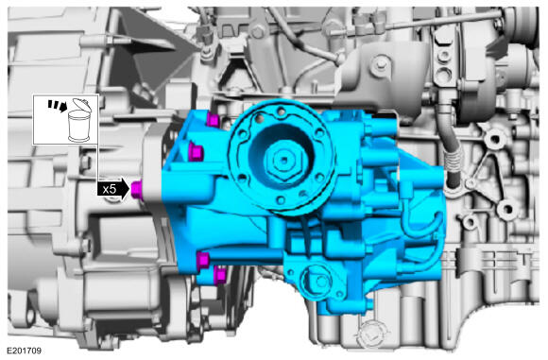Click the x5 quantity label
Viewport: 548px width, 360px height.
(109, 189)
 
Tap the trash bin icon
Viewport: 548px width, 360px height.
(79, 120)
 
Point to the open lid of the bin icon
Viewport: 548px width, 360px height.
(82, 105)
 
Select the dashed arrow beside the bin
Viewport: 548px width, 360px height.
(57, 105)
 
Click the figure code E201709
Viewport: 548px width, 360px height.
(25, 351)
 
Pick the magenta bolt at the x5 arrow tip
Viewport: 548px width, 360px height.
(136, 190)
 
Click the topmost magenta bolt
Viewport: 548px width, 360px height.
(213, 119)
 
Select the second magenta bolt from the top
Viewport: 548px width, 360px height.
(196, 152)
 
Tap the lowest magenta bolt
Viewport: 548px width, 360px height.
(220, 275)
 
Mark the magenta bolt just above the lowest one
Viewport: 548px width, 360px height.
(203, 261)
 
